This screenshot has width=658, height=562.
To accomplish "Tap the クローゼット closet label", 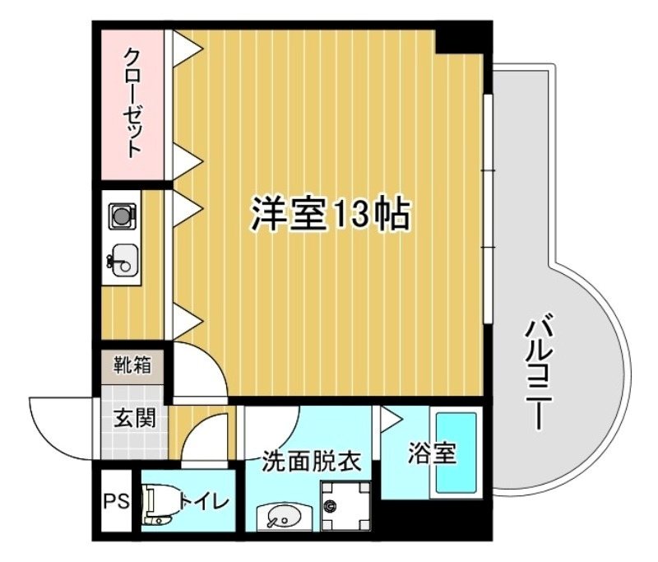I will (132, 102).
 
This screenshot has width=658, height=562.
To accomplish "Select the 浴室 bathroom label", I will (431, 453).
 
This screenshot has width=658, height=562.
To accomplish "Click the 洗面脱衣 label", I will (312, 461).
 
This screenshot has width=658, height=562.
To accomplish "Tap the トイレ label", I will (197, 499).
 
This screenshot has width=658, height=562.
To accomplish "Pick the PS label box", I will (116, 500).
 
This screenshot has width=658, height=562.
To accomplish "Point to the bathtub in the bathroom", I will (456, 453).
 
